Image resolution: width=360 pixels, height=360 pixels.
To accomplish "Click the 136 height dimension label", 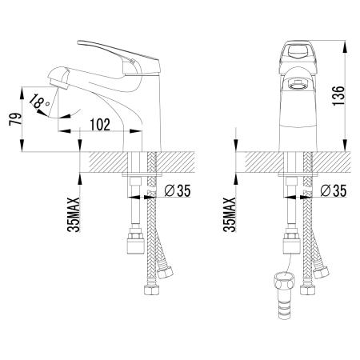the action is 338,95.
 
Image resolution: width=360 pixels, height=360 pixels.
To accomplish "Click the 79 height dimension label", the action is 15,119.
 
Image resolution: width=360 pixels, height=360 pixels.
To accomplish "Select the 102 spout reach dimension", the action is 100,125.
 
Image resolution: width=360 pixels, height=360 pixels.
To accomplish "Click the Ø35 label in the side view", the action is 178,190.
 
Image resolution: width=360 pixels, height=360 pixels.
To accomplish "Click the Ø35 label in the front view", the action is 334,190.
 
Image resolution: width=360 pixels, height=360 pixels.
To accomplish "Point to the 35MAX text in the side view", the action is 74,214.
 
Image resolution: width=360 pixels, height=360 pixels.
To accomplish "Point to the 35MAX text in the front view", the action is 230,214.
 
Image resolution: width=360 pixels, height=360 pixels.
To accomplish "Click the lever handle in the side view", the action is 119,58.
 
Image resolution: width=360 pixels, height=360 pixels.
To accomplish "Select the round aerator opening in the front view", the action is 298,86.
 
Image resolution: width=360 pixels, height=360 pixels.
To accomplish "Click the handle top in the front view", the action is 298,53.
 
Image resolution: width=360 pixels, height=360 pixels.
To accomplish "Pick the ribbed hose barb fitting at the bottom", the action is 284,295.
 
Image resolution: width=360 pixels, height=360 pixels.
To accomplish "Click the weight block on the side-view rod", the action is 135,243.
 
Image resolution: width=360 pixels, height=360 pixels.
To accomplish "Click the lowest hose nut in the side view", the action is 151,290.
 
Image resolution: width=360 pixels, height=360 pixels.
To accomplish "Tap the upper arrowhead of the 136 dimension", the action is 346,46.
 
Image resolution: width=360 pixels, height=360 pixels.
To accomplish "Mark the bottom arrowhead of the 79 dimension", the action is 22,146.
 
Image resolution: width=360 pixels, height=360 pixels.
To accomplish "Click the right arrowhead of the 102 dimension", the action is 135,131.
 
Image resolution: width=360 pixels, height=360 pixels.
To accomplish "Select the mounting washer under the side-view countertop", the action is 142,175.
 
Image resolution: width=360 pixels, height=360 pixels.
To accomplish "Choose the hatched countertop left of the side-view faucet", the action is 108,162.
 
